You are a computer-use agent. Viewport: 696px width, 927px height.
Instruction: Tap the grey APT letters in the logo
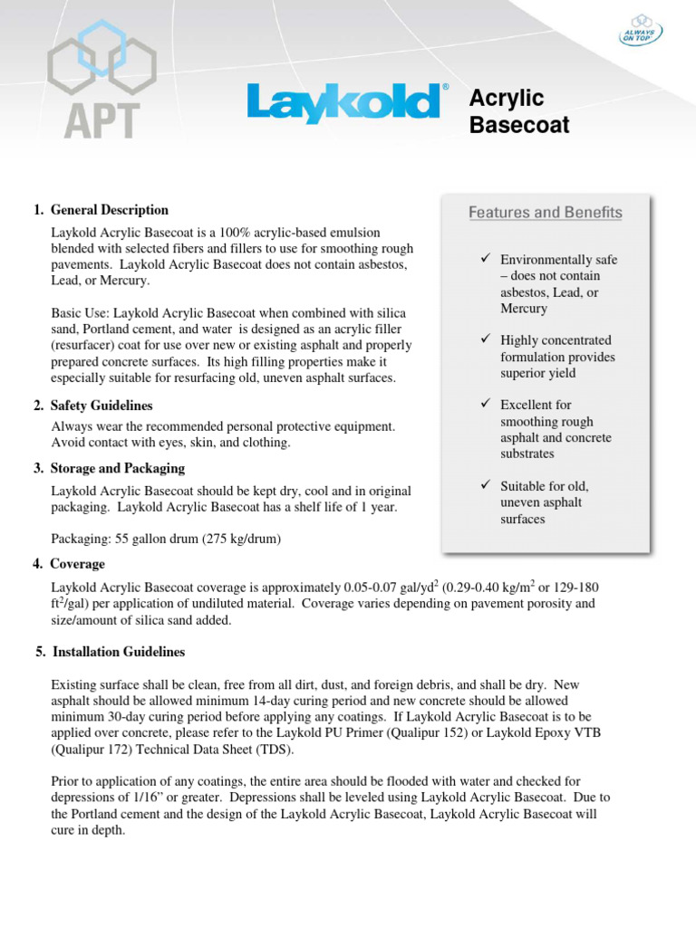(102, 119)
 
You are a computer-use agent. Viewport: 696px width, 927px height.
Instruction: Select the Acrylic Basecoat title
(519, 112)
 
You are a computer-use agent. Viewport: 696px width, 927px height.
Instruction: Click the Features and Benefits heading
(545, 213)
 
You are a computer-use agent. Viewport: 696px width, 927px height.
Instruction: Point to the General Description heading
(109, 210)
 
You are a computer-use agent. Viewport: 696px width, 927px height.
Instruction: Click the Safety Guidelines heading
(101, 406)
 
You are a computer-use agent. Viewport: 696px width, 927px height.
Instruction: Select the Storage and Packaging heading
(117, 468)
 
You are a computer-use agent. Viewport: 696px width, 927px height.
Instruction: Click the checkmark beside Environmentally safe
(486, 260)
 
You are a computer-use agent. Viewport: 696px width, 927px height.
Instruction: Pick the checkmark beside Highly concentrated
(486, 339)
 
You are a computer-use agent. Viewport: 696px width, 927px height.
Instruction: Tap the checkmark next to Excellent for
(486, 405)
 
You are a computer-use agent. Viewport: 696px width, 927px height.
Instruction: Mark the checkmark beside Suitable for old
(486, 486)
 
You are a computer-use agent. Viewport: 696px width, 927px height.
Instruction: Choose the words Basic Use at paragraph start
(80, 312)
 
